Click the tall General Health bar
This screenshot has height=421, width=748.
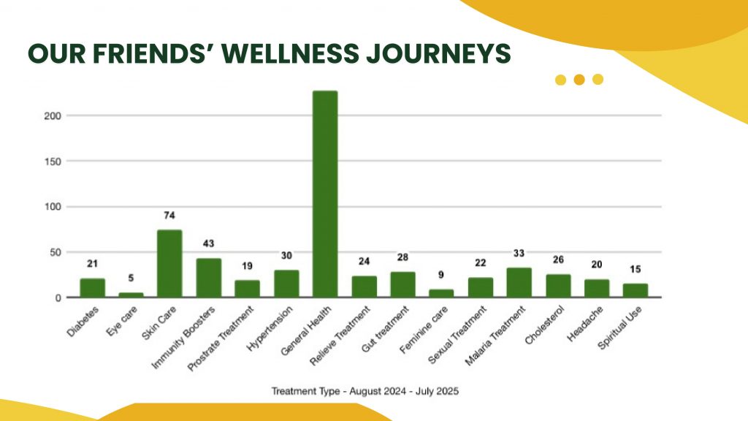point(325,194)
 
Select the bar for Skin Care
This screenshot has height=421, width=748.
point(169,264)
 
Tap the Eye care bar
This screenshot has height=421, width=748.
point(131,295)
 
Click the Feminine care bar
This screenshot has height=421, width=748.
point(441,293)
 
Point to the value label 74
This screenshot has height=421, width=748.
point(169,216)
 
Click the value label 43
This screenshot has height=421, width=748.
point(208,243)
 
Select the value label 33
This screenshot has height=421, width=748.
point(519,254)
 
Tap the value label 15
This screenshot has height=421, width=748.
point(635,270)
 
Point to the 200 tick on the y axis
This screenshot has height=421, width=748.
point(50,115)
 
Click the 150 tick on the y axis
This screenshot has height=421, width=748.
point(50,161)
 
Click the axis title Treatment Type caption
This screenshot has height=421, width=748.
point(365,391)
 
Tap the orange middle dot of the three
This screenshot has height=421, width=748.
point(579,80)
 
